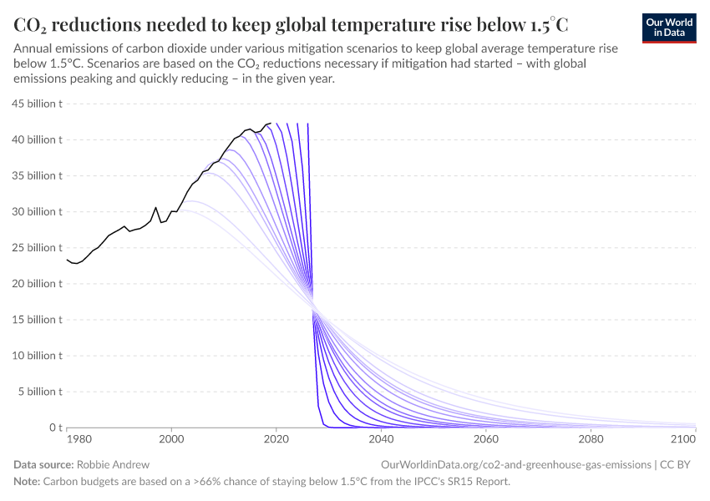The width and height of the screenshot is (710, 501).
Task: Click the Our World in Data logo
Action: [x=669, y=28]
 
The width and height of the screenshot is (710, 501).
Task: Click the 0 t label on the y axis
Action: [x=53, y=428]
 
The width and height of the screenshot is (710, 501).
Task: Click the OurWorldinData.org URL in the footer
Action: [x=515, y=463]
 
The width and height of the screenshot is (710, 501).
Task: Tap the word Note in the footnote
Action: [x=27, y=482]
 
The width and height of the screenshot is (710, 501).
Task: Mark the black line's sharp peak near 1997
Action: [x=155, y=207]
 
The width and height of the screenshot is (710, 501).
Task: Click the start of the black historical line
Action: [x=68, y=260]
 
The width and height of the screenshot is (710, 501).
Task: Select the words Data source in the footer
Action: [x=43, y=463]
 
